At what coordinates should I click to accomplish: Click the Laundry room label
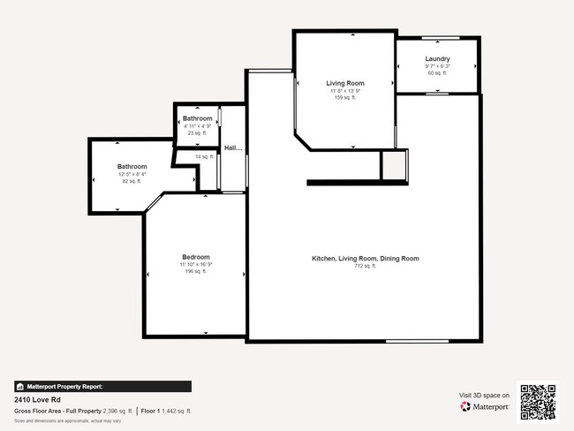click(437, 59)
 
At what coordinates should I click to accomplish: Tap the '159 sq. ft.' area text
click(344, 97)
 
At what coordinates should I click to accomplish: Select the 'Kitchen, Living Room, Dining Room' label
click(365, 259)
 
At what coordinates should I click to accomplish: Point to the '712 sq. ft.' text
click(365, 266)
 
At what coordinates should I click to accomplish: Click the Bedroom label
click(194, 257)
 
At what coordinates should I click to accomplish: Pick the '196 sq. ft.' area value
click(194, 271)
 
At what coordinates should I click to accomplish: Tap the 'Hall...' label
click(233, 148)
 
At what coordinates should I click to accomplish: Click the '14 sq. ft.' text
click(205, 156)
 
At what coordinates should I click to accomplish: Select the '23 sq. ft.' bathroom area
click(197, 132)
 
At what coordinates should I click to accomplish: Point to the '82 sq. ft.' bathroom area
click(132, 180)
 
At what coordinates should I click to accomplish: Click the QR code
click(538, 402)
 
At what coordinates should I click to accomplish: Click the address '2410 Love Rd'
click(34, 399)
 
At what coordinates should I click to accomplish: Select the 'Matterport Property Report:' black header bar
click(102, 386)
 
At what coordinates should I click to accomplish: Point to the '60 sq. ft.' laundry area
click(437, 73)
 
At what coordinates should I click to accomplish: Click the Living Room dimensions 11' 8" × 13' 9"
click(344, 90)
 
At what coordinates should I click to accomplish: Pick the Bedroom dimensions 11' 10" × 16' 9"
click(194, 264)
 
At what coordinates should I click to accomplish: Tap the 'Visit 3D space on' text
click(484, 395)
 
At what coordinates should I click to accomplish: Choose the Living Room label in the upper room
click(344, 83)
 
